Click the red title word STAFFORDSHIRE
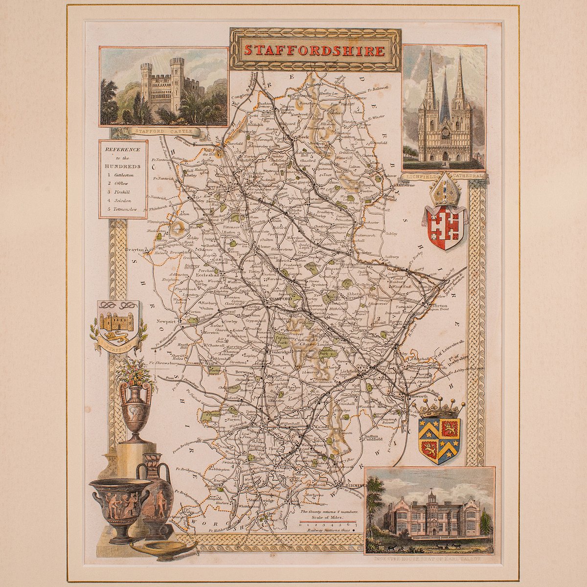315,50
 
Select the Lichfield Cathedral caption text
444,175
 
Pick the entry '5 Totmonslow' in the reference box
122,209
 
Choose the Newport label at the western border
166,322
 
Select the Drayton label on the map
135,249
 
